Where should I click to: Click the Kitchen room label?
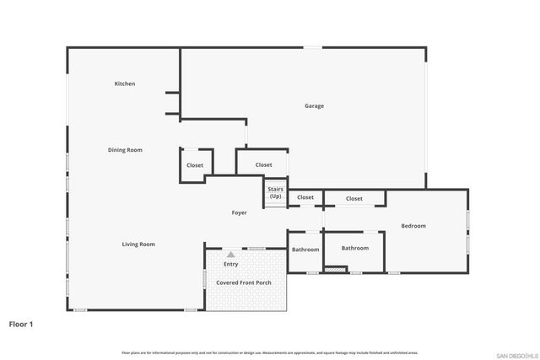coord(125,83)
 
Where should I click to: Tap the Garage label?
coord(314,105)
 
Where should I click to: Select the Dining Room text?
coord(125,150)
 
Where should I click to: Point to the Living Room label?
coord(138,244)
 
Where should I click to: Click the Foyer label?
coord(240,213)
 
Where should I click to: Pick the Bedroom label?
coord(413,226)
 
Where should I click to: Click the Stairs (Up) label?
coord(275,193)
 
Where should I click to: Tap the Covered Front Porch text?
coord(244,282)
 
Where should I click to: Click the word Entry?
coord(230,265)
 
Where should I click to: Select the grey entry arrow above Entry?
coord(230,254)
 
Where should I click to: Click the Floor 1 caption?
coord(21,323)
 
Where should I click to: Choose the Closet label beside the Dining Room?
coord(195,165)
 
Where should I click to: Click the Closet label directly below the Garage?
coord(263,165)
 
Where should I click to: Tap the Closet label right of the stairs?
coord(305,197)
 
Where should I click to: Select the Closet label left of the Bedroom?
coord(354,199)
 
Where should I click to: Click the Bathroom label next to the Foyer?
coord(305,250)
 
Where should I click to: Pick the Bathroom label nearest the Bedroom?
coord(355,248)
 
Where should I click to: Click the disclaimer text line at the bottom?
coord(269,352)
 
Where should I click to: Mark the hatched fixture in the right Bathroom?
coord(335,270)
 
